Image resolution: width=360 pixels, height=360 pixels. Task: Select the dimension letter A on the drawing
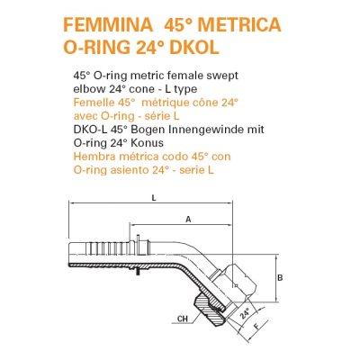[x=187, y=219]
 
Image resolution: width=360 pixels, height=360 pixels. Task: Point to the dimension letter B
[x=280, y=279]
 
